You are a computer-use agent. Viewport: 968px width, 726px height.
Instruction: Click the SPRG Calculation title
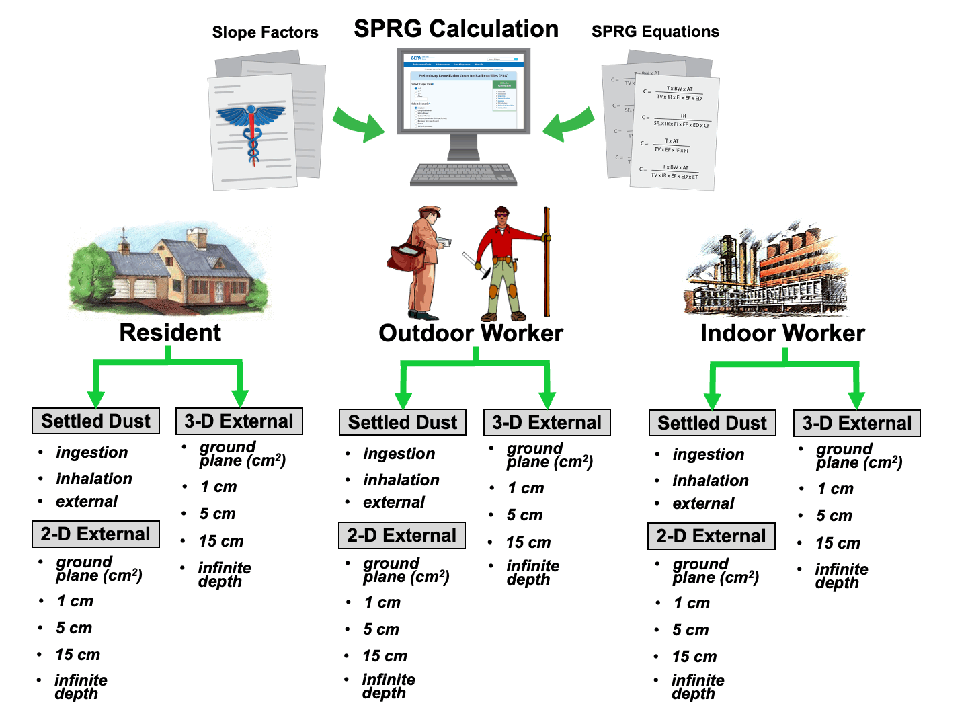tap(456, 29)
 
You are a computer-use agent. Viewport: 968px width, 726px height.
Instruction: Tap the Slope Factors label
tap(265, 32)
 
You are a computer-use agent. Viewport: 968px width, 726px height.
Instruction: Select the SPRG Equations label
tap(655, 32)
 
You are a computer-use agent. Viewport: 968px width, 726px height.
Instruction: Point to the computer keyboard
tap(464, 174)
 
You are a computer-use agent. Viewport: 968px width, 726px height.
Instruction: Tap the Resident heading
tap(170, 333)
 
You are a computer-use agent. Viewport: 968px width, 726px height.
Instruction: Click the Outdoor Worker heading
tap(471, 333)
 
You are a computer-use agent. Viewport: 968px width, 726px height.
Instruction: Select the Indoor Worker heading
tap(782, 333)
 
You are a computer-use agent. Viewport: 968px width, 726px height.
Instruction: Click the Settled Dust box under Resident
tap(96, 421)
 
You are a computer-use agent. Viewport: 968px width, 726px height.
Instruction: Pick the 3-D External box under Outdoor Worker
tap(547, 423)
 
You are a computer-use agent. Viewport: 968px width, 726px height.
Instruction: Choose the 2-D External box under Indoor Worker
tap(711, 536)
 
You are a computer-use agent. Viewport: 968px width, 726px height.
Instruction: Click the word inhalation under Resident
tap(94, 479)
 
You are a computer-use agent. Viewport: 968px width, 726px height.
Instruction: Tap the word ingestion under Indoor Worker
tap(709, 455)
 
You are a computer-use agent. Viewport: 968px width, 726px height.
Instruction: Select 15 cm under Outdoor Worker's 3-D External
tap(528, 542)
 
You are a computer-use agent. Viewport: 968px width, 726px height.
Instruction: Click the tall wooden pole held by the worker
tap(547, 262)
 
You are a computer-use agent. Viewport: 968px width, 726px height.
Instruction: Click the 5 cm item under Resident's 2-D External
tap(74, 628)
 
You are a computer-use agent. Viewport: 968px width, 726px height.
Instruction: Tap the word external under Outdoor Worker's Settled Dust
tap(394, 502)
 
